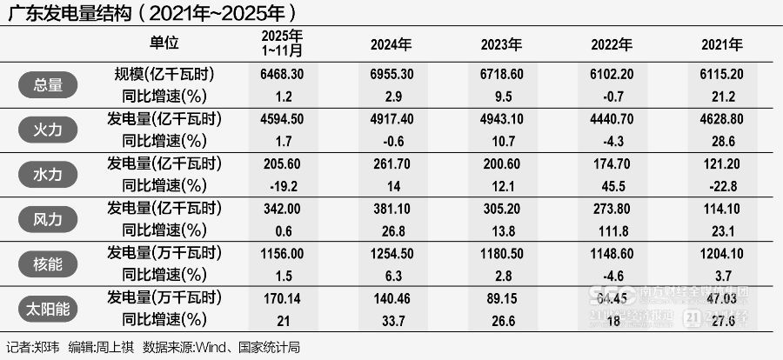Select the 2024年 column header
pyautogui.click(x=391, y=43)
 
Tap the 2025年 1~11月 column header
pyautogui.click(x=282, y=43)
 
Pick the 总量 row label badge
pyautogui.click(x=48, y=84)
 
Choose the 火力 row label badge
pyautogui.click(x=48, y=130)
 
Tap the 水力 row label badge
pyautogui.click(x=48, y=174)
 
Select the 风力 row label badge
pyautogui.click(x=48, y=219)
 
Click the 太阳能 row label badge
pyautogui.click(x=48, y=309)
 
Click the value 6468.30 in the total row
pyautogui.click(x=282, y=75)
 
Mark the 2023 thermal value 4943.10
pyautogui.click(x=502, y=119)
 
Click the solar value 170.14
pyautogui.click(x=282, y=298)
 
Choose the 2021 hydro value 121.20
pyautogui.click(x=722, y=164)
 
